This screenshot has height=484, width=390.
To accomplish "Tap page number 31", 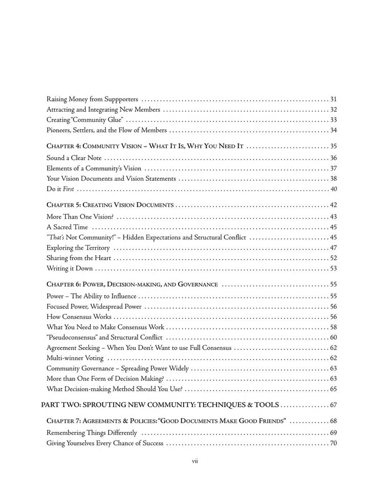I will coord(333,99).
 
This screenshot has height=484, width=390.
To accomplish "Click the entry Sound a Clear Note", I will coord(74,158).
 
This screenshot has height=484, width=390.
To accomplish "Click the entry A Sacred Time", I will coord(68,227).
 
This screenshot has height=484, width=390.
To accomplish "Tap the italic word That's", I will coord(54,238).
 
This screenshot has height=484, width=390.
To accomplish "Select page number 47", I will coord(333,248).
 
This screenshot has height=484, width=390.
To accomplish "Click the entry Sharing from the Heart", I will coord(78,258).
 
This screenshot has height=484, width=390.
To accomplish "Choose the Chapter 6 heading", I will coord(132,285).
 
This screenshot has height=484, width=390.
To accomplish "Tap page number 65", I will coord(333,389).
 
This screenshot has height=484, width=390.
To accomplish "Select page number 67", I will coord(333,405).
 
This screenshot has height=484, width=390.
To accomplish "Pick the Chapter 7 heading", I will coord(166,421).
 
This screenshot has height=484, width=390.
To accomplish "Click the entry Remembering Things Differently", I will coord(91,433).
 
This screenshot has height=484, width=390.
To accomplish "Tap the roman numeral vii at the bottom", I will coord(195,461).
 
